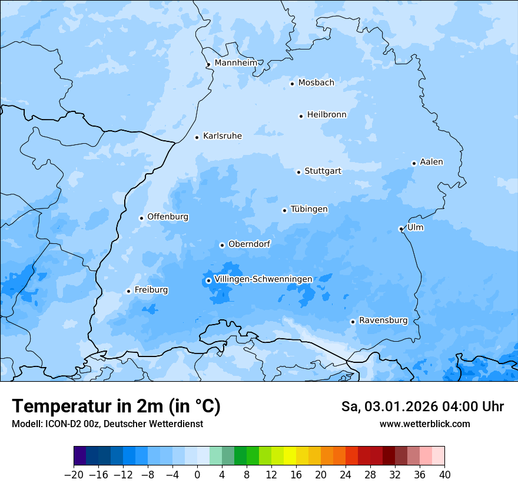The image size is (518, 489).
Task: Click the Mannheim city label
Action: (x=235, y=62)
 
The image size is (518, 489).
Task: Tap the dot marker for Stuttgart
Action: (x=298, y=172)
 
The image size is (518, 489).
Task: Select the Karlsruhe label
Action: (x=222, y=136)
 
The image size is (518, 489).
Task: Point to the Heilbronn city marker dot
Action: (x=301, y=116)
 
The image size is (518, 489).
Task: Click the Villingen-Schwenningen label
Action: (x=263, y=279)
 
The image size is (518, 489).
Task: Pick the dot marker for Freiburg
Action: (x=128, y=291)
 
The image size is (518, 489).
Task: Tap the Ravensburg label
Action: (x=383, y=321)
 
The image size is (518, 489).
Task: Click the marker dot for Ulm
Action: (x=401, y=229)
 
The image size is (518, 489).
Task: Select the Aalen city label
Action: (x=431, y=162)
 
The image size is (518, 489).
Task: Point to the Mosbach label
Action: (x=316, y=83)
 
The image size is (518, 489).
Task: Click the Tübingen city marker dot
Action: (x=284, y=210)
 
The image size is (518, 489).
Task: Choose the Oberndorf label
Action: (x=249, y=244)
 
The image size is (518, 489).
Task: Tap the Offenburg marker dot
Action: (x=141, y=218)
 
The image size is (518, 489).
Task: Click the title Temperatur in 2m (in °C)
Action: (x=116, y=407)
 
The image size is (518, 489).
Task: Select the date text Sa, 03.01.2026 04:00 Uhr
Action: (x=422, y=407)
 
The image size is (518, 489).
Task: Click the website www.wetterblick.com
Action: (x=424, y=424)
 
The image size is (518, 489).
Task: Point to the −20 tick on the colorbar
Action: (x=74, y=475)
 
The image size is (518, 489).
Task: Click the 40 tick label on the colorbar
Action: (x=444, y=475)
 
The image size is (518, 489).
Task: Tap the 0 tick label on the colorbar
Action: (x=197, y=475)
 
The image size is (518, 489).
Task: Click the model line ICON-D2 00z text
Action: (x=107, y=424)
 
